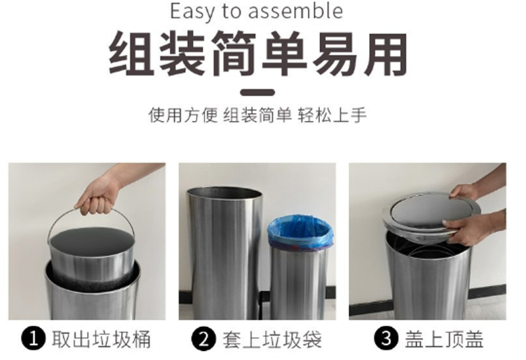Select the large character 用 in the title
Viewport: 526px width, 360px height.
click(x=386, y=53)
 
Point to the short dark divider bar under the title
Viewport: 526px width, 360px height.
click(x=258, y=93)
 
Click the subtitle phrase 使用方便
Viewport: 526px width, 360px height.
click(x=183, y=115)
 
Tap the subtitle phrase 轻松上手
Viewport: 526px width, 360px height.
click(x=332, y=115)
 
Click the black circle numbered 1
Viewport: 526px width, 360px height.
click(x=34, y=339)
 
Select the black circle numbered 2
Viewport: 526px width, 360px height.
click(x=204, y=339)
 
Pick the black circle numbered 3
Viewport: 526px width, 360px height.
click(x=387, y=338)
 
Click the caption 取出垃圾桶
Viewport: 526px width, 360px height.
click(x=101, y=339)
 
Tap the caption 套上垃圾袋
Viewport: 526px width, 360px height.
click(x=272, y=339)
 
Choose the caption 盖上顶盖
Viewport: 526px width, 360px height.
click(x=444, y=339)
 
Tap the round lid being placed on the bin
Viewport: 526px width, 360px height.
click(x=431, y=214)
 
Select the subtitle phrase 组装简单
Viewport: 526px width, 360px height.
click(x=258, y=115)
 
